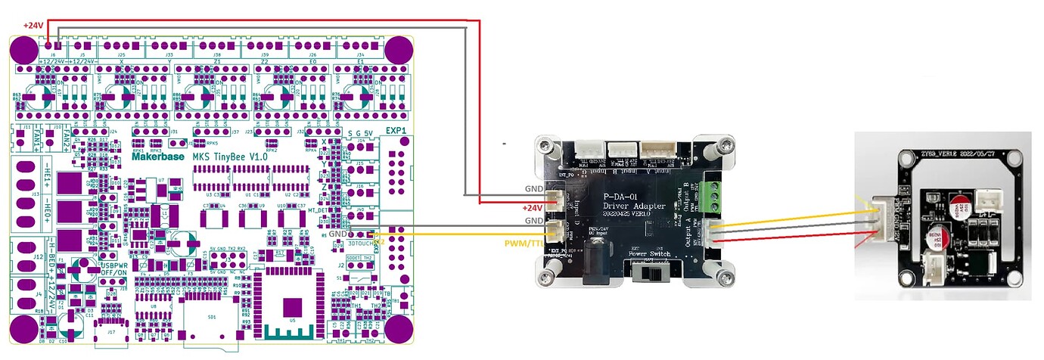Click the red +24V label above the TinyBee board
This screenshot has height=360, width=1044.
[x=34, y=25]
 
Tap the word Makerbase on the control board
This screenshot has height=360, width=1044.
[x=158, y=157]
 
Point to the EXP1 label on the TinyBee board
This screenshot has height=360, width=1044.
[x=396, y=131]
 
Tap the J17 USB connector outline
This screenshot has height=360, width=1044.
[x=111, y=332]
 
